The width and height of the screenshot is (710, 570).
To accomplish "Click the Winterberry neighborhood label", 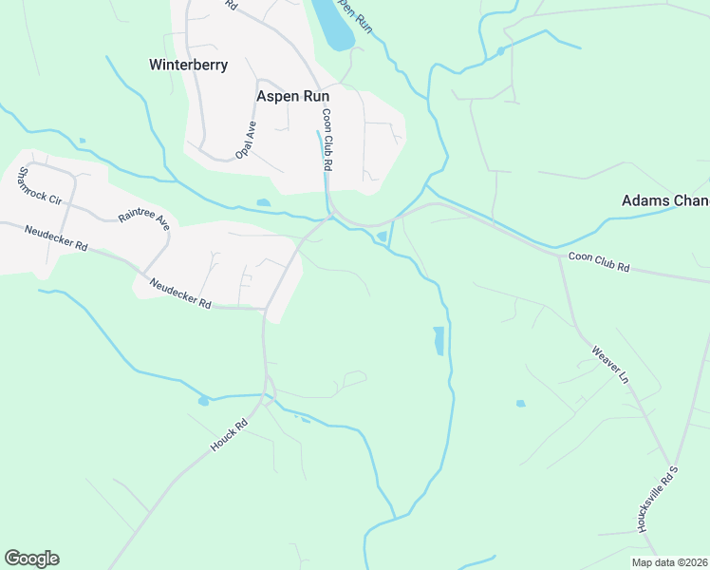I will (188, 66).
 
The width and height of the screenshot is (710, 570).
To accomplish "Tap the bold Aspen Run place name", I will (292, 96).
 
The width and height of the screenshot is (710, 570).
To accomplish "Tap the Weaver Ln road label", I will (610, 365).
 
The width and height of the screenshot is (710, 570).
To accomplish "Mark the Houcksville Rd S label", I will (660, 498).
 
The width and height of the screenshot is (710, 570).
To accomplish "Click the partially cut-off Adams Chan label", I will (664, 200).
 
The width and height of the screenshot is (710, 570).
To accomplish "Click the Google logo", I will (31, 559).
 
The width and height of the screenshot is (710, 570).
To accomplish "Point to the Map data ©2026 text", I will (668, 562).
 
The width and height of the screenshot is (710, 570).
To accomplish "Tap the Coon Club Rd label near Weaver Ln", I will (598, 262).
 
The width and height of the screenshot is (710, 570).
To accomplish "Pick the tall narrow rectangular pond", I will (438, 340).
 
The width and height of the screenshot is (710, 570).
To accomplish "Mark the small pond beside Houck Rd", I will (203, 401).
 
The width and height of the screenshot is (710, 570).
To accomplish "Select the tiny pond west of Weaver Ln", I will (520, 404).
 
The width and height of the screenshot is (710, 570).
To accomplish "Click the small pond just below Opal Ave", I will (263, 202).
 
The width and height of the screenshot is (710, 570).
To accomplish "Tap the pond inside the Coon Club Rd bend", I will (382, 236).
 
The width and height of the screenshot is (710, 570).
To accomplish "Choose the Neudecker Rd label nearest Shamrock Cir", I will (56, 238).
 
